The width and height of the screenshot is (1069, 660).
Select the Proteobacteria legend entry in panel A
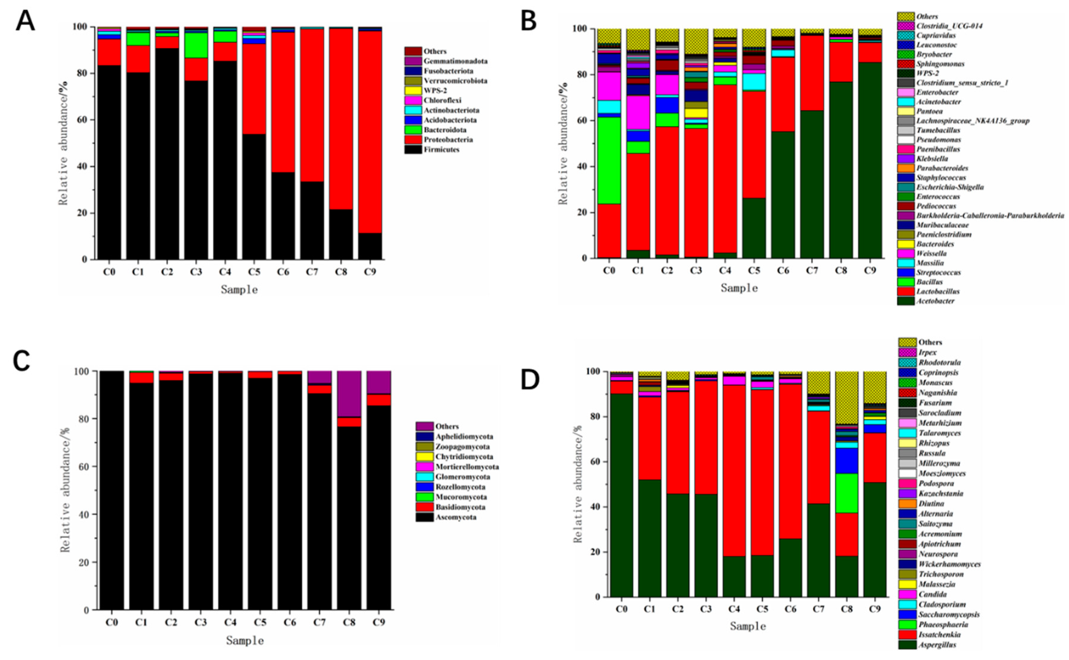coord(448,140)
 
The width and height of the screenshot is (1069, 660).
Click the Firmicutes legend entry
coord(441,149)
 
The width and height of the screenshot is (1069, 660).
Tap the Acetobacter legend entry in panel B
coord(934,301)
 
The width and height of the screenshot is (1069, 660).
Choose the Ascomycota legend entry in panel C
coord(455,517)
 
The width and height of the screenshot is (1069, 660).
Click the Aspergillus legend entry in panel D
coord(937,645)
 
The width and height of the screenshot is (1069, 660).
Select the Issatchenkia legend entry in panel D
coord(939,635)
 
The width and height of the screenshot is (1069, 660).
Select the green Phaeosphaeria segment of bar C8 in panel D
coord(846,493)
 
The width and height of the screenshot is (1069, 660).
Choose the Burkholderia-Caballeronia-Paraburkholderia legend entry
coord(989,216)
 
